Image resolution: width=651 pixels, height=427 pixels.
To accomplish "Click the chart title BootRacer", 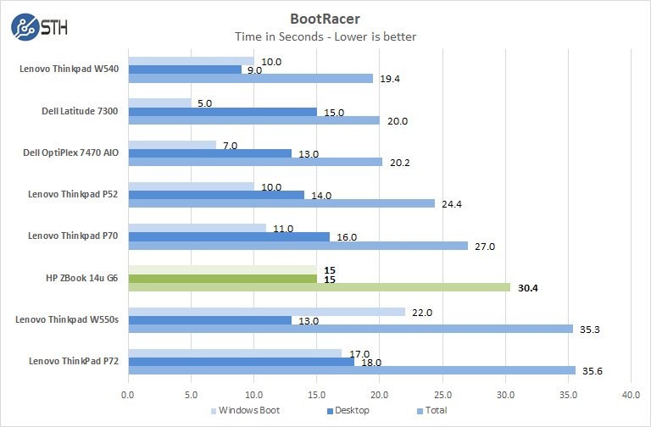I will [325, 18].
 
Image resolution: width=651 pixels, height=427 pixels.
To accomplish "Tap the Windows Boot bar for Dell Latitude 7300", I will [159, 103].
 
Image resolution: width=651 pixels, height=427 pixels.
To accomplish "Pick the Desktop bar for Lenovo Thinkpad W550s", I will [209, 320].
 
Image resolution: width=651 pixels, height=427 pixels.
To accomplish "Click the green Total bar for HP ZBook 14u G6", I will [319, 287].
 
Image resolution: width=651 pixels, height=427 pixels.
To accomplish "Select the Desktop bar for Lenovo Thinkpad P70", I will [228, 236].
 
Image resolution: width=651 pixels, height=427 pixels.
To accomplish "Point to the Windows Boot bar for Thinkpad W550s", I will [266, 312].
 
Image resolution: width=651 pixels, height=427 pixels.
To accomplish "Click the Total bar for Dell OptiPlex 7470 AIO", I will [255, 162].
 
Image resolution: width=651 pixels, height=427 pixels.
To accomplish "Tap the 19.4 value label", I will [391, 79].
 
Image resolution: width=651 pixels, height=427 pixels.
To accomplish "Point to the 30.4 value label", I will [529, 287].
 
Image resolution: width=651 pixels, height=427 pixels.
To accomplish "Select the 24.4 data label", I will [453, 204].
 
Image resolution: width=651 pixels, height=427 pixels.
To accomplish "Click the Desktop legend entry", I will [352, 411].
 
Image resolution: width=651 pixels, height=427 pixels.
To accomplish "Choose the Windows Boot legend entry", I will [246, 411].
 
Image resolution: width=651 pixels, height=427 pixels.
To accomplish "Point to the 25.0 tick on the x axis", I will [442, 394].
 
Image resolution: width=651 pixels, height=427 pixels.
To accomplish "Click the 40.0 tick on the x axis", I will [630, 394].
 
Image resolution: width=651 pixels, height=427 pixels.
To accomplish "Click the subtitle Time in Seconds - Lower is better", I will [325, 36].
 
